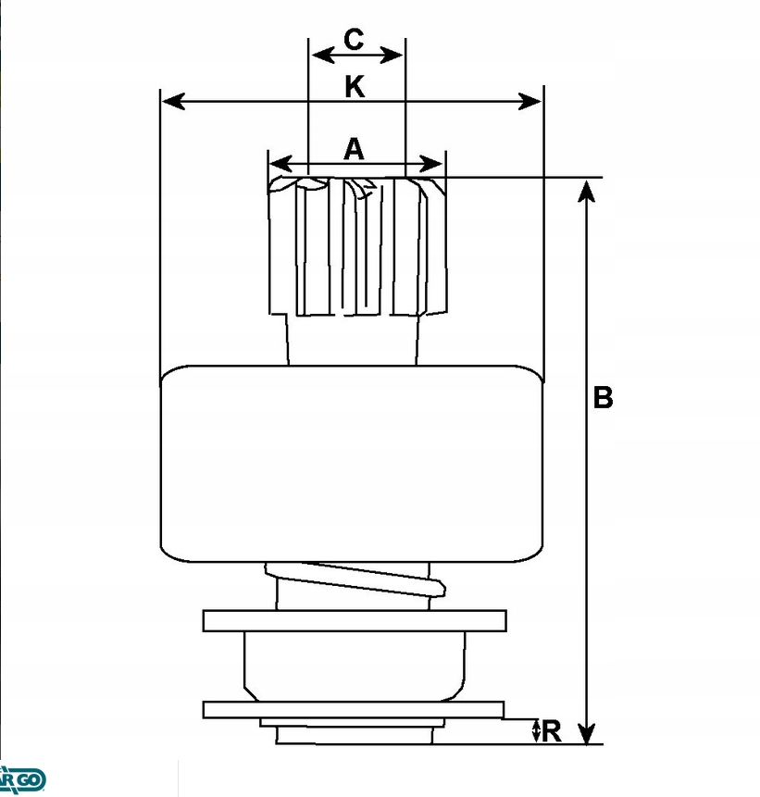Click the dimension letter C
click(x=354, y=40)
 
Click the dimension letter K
click(x=355, y=87)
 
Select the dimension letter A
click(x=355, y=149)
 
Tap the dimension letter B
click(x=603, y=398)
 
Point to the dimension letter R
click(x=552, y=731)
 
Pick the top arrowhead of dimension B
click(x=585, y=190)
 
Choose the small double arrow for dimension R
click(x=536, y=730)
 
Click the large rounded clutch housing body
click(x=351, y=463)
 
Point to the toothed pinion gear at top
click(x=356, y=246)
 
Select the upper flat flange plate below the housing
click(x=355, y=620)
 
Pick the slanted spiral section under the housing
click(x=355, y=584)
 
